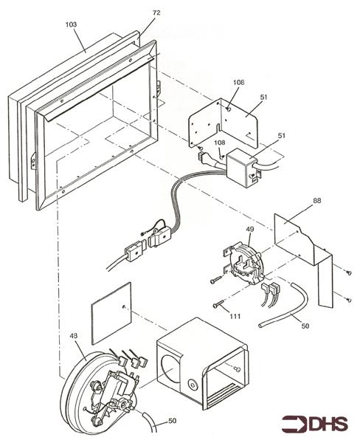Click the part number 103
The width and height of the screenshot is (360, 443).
[x=71, y=24]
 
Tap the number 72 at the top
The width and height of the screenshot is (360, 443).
[x=156, y=13]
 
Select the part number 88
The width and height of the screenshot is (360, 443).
[x=316, y=201]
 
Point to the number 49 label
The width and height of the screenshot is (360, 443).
[x=250, y=229]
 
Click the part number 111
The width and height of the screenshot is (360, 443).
[x=235, y=316]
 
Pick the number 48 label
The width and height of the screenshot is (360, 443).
[x=74, y=336]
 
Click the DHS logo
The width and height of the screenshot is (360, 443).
[x=314, y=424]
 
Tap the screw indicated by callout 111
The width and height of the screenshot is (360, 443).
[x=218, y=304]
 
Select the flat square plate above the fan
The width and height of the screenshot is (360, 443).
[x=111, y=313]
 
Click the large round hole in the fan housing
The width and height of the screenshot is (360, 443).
[x=170, y=369]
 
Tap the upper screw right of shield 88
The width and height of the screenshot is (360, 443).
[x=349, y=272]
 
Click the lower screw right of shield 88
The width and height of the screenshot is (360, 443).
[x=349, y=299]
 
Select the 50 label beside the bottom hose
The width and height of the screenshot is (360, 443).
[x=172, y=421]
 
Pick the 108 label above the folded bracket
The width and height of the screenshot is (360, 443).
[x=238, y=83]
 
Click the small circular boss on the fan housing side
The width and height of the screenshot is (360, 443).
[x=193, y=385]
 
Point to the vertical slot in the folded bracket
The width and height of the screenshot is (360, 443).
[x=218, y=130]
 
